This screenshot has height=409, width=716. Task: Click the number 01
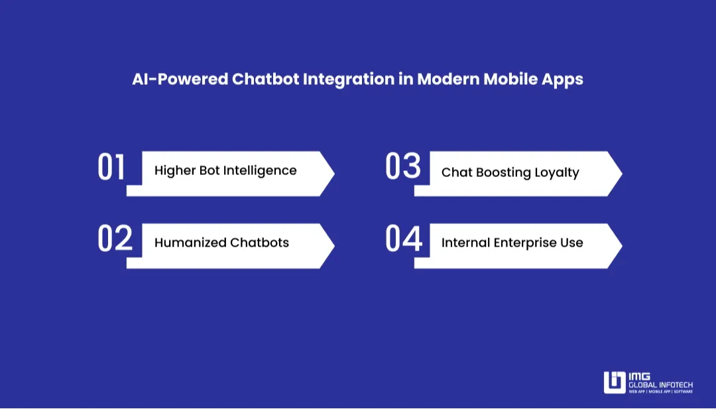(x=111, y=167)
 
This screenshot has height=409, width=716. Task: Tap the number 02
(x=115, y=239)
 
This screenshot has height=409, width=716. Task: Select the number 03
(x=403, y=167)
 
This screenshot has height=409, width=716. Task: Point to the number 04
(x=403, y=239)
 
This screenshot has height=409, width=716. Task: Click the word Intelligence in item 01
(x=260, y=171)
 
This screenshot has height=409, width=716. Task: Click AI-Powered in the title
(x=179, y=80)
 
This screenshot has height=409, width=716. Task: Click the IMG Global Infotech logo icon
(x=615, y=382)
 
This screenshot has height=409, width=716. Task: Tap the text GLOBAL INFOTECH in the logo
(x=660, y=384)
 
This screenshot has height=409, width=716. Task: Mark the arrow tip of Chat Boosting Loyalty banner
(x=621, y=174)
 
